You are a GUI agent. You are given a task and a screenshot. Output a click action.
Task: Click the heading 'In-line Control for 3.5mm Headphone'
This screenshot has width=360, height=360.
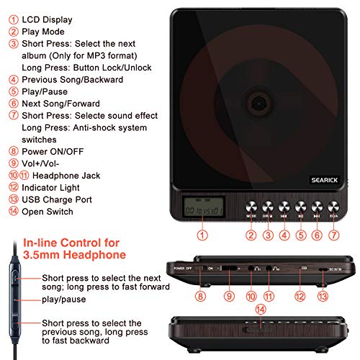coord(73,248)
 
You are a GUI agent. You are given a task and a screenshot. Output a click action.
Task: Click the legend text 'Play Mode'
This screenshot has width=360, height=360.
coord(44,32)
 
